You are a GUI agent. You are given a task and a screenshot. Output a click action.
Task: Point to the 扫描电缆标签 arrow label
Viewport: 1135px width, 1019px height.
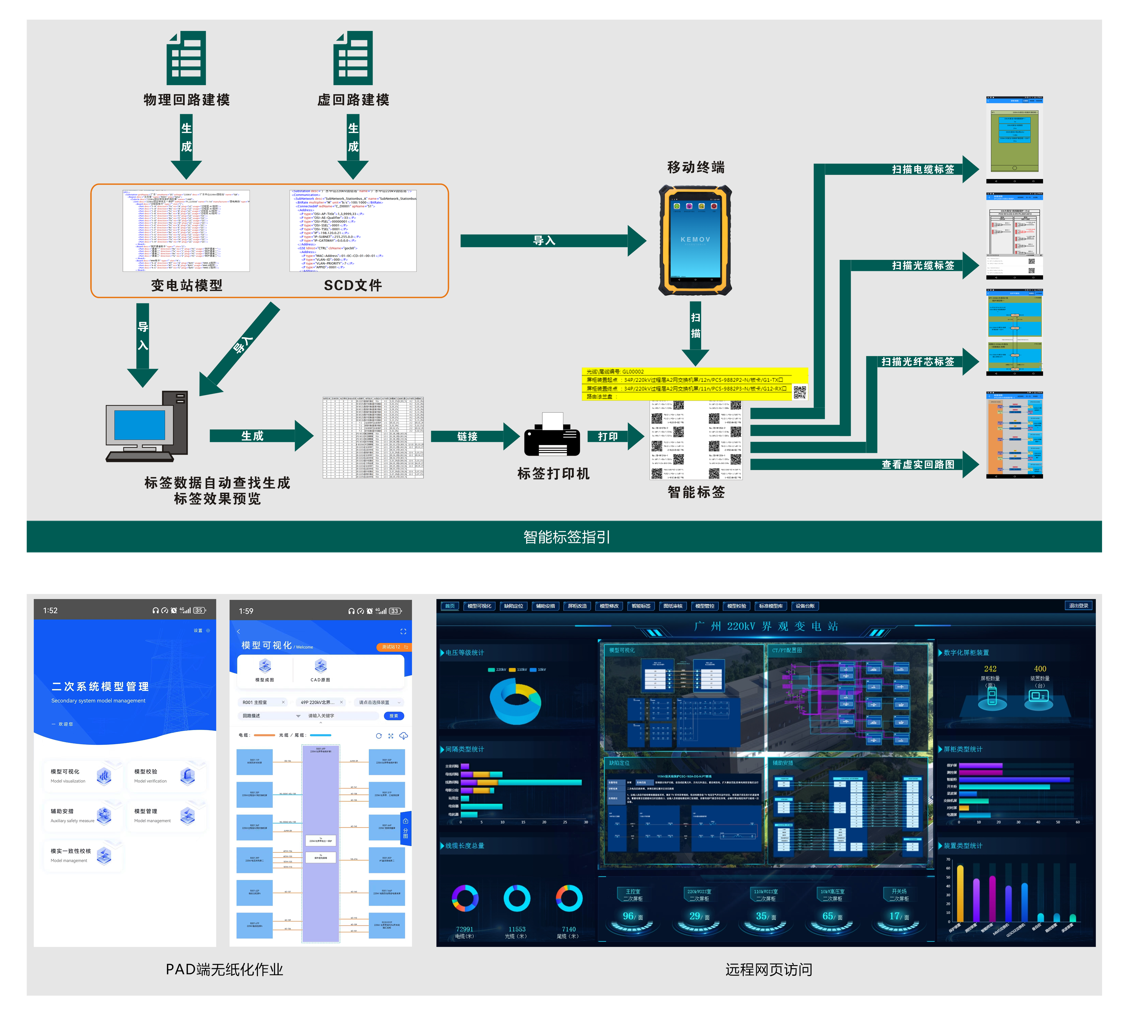923,169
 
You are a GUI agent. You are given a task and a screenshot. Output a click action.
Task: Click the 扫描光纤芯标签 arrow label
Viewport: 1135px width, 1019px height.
917,362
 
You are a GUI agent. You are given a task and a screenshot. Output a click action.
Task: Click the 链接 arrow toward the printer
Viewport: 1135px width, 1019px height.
468,436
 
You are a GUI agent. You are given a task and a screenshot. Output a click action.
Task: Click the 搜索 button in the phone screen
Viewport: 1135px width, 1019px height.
394,716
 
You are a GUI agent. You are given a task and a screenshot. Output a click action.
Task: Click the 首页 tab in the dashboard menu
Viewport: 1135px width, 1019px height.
450,606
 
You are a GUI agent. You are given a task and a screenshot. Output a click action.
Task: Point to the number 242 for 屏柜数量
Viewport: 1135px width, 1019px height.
990,669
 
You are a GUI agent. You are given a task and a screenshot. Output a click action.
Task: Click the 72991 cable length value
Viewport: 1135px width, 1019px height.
464,929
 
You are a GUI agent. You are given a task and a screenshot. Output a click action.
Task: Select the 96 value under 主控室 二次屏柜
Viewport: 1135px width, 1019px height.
628,916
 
